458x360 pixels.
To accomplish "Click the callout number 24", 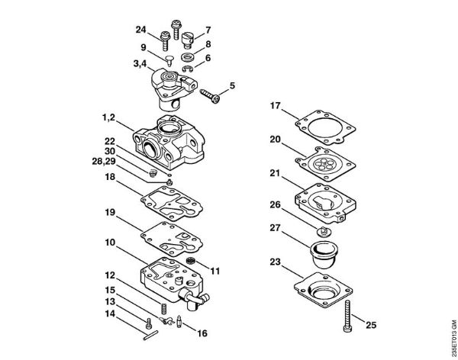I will pos(140,31).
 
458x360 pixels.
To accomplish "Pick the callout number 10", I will pos(110,243).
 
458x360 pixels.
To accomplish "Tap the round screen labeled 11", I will pos(192,263).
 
